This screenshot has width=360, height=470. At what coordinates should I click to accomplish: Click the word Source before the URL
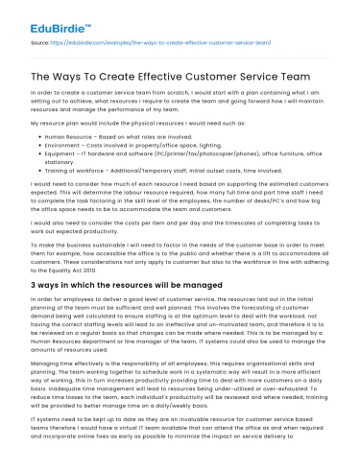click(42, 42)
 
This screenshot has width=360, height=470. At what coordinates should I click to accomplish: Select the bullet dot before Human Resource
click(39, 137)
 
